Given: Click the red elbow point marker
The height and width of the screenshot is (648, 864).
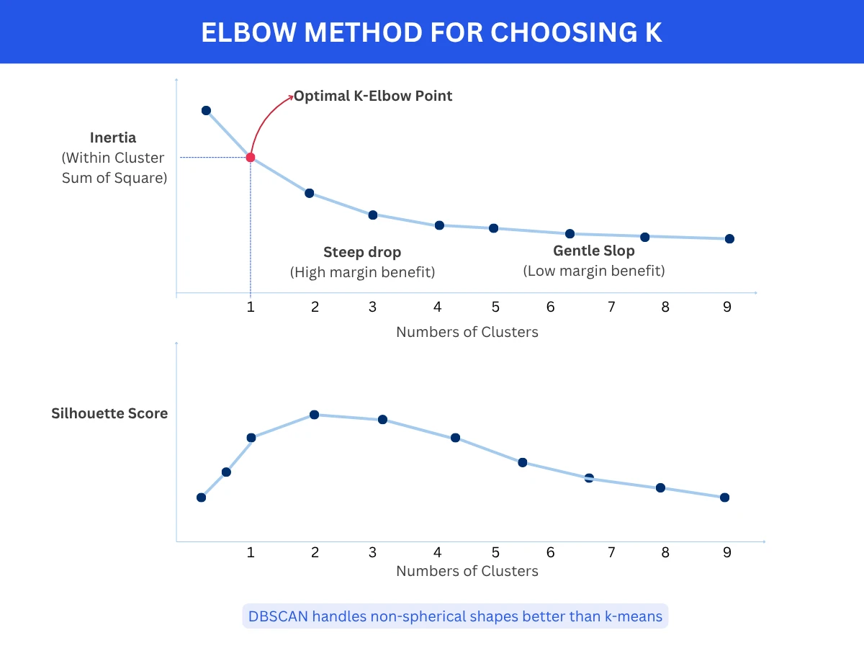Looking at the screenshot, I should [251, 157].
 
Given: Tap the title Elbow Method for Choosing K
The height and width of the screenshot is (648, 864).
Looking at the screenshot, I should [431, 32].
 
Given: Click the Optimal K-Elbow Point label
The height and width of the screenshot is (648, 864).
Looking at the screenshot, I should [373, 96].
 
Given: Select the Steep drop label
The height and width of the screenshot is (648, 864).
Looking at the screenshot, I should [362, 252].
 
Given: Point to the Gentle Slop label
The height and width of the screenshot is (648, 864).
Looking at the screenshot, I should [594, 251].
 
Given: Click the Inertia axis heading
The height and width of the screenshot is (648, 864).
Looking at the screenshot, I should [113, 137].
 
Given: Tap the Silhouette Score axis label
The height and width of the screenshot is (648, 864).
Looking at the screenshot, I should [109, 413].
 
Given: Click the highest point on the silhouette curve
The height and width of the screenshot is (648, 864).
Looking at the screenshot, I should [314, 415].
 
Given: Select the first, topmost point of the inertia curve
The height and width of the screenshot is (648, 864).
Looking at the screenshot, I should [206, 110].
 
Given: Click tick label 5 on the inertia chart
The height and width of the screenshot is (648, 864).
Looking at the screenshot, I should [495, 307].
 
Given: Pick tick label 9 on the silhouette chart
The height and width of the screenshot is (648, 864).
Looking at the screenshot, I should [727, 552].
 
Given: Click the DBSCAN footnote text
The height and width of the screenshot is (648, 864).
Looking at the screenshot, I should [455, 616].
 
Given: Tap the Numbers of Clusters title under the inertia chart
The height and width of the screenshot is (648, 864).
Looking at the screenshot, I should [467, 332].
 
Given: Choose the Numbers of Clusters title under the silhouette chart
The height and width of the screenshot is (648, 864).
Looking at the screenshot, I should [467, 571].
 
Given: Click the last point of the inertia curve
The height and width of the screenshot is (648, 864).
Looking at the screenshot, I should [729, 238].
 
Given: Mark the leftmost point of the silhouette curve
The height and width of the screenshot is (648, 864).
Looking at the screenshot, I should [201, 497].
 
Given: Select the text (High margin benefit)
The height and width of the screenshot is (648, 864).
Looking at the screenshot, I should [363, 272].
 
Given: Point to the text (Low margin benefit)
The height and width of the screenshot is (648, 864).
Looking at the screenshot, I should [594, 271].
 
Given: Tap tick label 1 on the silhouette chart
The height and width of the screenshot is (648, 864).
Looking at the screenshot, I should [251, 552].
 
